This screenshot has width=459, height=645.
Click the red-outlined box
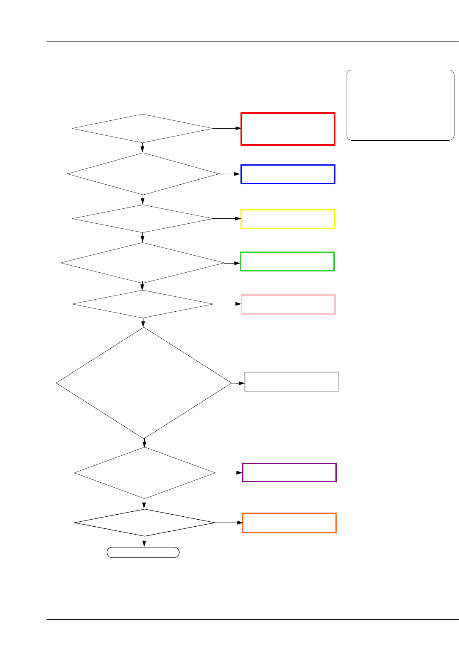click(x=288, y=129)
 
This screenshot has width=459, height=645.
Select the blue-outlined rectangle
click(x=288, y=174)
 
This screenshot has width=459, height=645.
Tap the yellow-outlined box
click(x=288, y=219)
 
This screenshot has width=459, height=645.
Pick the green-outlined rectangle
click(x=287, y=261)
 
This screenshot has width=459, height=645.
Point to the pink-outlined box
click(x=288, y=304)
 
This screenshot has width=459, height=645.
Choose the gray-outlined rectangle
click(x=291, y=382)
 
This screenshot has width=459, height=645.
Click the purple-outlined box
click(x=289, y=472)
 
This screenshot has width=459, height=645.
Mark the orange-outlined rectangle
click(x=289, y=523)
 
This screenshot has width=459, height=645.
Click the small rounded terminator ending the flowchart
click(x=143, y=552)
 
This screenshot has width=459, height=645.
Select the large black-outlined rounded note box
click(x=400, y=105)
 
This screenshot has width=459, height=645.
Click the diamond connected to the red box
click(x=142, y=128)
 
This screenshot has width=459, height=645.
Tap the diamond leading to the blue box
click(x=143, y=174)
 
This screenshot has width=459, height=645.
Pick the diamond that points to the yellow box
click(x=143, y=219)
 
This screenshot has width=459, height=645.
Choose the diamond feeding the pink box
click(x=143, y=304)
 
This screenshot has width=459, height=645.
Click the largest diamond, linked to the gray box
click(x=144, y=383)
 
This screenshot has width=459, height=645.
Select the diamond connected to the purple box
click(x=144, y=473)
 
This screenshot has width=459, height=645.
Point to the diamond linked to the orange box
click(x=144, y=523)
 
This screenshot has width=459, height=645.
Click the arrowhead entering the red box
click(x=238, y=128)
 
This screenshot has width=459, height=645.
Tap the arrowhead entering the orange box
click(x=239, y=523)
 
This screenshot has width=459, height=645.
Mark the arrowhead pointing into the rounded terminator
click(x=144, y=545)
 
